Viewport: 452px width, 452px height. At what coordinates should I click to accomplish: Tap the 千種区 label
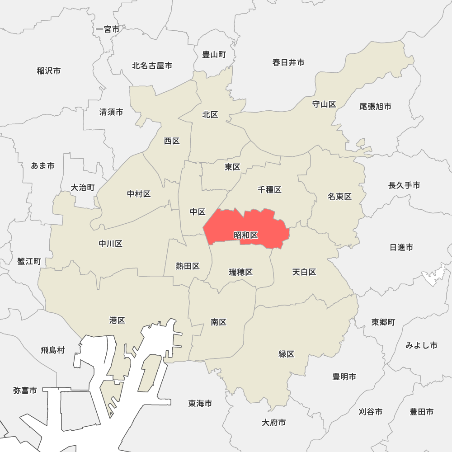tap(270, 190)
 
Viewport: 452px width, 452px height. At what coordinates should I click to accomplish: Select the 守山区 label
tap(324, 104)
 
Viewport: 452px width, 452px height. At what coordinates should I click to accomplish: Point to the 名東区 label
tap(340, 197)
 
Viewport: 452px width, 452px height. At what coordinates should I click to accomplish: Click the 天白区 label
tap(304, 272)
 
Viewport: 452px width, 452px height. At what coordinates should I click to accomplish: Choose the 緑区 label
tap(287, 354)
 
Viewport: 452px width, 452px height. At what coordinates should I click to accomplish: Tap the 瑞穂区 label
tap(240, 272)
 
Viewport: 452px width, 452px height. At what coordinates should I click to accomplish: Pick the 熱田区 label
tap(188, 266)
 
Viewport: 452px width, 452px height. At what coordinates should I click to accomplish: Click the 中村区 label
tap(139, 194)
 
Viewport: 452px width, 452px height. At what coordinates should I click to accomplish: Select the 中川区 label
tap(111, 244)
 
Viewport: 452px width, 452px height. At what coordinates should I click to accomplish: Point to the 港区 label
tap(117, 320)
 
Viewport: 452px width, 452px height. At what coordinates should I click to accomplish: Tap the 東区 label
tap(232, 167)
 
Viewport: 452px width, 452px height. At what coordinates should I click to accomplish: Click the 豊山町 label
tap(214, 55)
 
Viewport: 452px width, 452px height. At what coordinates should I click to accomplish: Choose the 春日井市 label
tap(288, 62)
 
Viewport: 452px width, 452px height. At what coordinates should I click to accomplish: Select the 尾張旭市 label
tap(376, 107)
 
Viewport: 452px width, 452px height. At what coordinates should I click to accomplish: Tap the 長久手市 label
tap(404, 185)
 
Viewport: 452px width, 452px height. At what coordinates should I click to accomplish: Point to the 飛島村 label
tap(53, 350)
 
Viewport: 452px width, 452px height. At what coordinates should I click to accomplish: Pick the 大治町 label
tap(83, 188)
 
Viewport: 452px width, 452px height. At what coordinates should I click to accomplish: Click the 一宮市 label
tap(108, 29)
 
